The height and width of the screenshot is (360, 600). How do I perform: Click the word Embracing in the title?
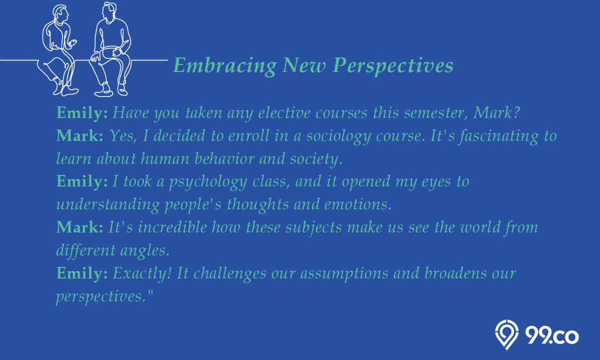point(224,65)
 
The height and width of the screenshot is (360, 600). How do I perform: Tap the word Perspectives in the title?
point(392,65)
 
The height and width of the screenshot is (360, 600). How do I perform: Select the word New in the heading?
point(304,65)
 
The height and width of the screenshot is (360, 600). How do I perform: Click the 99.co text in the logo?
point(552,335)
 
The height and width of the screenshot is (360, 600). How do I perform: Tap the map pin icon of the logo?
point(506,334)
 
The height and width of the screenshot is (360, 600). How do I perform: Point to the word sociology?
point(338,136)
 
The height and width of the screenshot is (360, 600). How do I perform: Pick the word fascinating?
point(498,136)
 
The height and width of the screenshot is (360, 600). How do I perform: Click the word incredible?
point(172,227)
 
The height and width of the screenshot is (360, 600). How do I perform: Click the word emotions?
point(358,204)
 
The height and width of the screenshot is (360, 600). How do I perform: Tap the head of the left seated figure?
point(60,14)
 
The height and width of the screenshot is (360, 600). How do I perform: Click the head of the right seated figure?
point(109,12)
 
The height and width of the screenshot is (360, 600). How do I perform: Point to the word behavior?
point(224,158)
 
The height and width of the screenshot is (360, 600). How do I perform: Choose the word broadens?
point(455,273)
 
